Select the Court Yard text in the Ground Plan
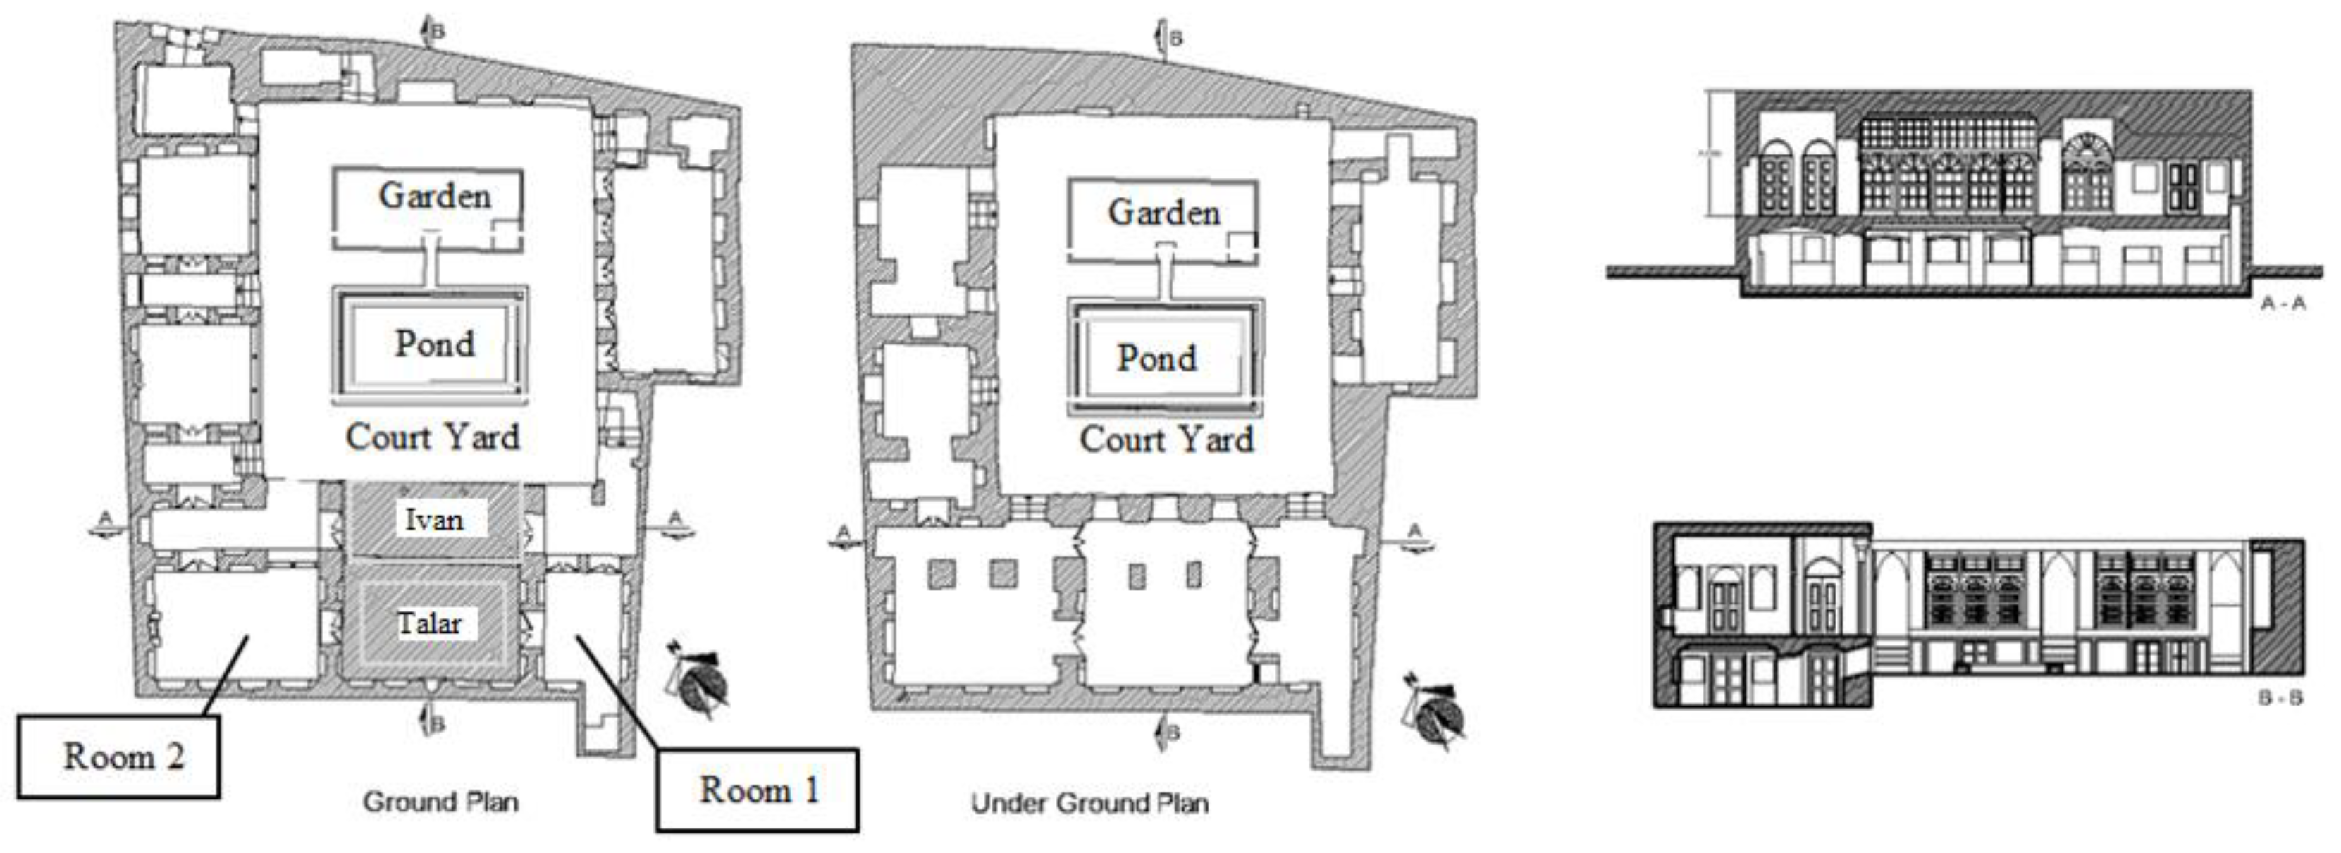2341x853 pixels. [433, 437]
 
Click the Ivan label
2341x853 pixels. [433, 521]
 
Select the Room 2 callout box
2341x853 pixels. [119, 757]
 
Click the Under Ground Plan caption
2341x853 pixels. [1089, 803]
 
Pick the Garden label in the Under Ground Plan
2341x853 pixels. [1163, 213]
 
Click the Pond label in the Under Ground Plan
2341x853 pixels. [1157, 359]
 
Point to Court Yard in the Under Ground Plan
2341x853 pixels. [1166, 440]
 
